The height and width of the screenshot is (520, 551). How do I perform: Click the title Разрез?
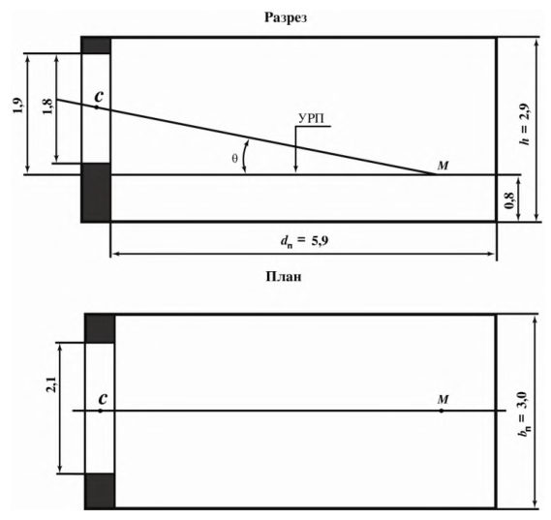pos(285,17)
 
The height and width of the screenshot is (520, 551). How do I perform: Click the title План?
pos(284,277)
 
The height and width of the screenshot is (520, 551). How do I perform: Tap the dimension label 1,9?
pos(18,105)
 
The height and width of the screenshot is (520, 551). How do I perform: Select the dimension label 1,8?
pos(47,107)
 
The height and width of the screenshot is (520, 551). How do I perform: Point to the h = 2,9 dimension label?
pos(524,124)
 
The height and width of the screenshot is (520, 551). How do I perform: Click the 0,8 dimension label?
pos(509,201)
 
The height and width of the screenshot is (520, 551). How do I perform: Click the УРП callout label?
pos(310,119)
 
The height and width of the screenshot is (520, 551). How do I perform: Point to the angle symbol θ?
pos(234,159)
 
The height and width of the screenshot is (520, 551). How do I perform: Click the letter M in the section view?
pos(443,166)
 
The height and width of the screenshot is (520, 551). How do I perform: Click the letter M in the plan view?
pos(443,400)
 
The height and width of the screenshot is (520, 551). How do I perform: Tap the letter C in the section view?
pos(100,95)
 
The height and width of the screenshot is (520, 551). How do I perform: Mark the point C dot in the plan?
pos(101,411)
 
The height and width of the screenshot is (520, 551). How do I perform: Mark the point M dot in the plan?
pos(442,411)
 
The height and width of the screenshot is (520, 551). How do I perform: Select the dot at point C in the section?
pos(97,107)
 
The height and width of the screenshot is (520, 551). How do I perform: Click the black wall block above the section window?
pos(96,46)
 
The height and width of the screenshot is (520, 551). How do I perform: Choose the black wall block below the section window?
pos(96,193)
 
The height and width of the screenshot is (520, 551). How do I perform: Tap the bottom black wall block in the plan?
pos(100,491)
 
